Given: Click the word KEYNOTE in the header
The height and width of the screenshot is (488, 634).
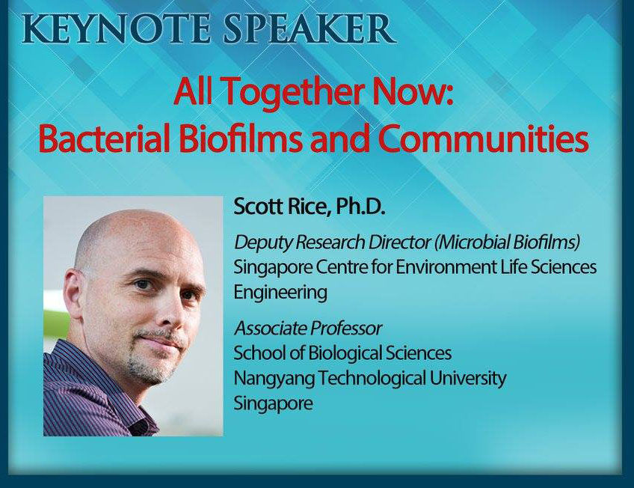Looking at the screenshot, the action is (x=116, y=28).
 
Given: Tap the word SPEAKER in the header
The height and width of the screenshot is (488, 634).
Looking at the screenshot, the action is (x=310, y=28).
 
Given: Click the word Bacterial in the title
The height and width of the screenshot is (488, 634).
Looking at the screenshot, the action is (x=105, y=138).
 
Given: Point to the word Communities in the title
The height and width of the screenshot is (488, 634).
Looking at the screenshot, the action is (x=483, y=138).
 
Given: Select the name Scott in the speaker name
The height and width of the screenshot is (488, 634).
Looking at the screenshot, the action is (x=258, y=207).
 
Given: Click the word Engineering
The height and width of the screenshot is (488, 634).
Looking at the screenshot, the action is (x=280, y=293).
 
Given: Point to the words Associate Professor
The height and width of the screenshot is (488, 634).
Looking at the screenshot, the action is (x=308, y=328).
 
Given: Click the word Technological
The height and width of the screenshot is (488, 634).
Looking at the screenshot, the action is (x=372, y=379).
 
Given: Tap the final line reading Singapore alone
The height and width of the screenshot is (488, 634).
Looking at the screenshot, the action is (x=274, y=404).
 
